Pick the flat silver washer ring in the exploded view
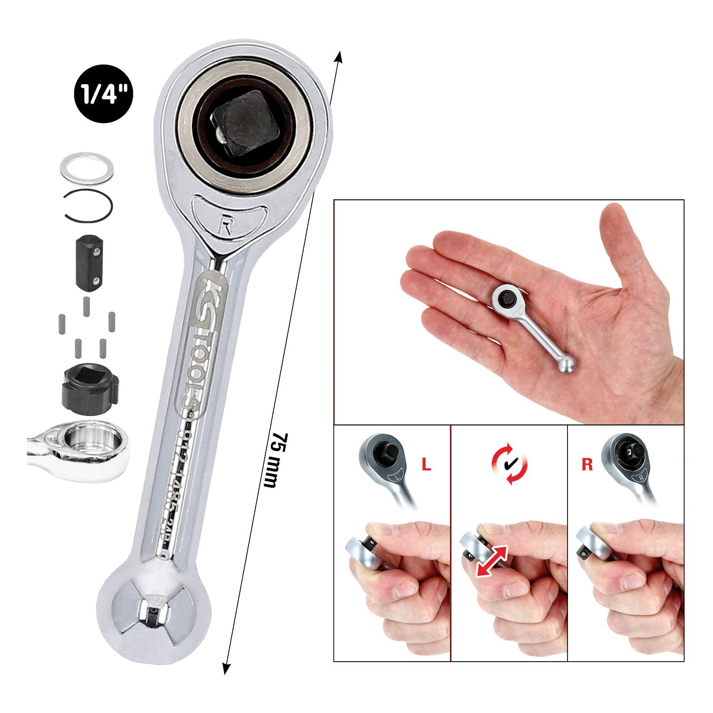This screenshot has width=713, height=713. coord(86,167)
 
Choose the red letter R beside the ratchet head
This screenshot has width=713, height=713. coord(588,464)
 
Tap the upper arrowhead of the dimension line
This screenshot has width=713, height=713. coord(338,58)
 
